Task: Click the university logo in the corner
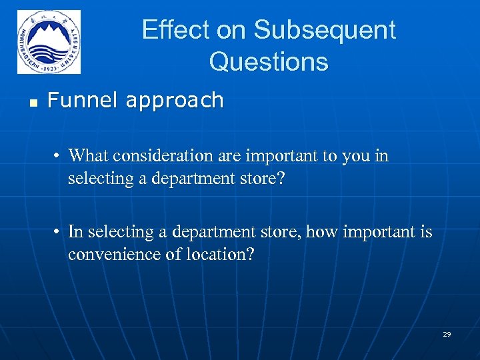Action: tap(49, 42)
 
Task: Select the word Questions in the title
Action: tap(269, 62)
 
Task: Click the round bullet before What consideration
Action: tap(59, 157)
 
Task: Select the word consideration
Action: tap(156, 156)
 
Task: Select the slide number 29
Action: tap(447, 334)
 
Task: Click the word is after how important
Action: tap(425, 232)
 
